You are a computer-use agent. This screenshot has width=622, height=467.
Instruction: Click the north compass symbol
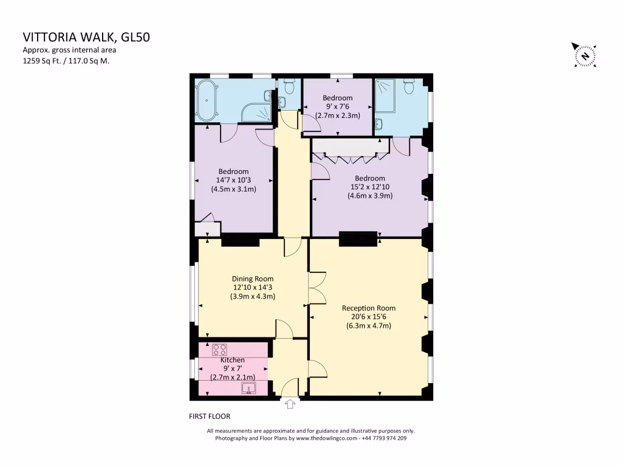point(585,56)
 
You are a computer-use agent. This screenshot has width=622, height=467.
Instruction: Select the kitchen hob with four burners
point(219,350)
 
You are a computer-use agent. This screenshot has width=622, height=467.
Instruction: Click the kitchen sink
point(248,389)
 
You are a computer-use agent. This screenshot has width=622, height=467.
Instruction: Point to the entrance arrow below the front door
point(290,403)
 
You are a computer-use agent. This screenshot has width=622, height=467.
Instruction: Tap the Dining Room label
point(253,279)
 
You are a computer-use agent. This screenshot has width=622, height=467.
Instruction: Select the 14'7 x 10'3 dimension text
point(234,180)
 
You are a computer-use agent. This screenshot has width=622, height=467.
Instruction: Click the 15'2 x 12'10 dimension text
point(370,187)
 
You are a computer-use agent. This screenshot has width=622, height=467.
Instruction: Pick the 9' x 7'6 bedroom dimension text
point(338,106)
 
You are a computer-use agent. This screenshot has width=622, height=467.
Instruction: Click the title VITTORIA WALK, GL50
point(86,37)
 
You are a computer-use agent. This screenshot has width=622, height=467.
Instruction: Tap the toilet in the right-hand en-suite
point(409,86)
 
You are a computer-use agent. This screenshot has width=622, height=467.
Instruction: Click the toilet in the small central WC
point(289,87)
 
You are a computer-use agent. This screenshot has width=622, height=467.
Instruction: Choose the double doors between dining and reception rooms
point(316,288)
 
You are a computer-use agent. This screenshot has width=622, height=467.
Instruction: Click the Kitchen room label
point(233,360)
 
